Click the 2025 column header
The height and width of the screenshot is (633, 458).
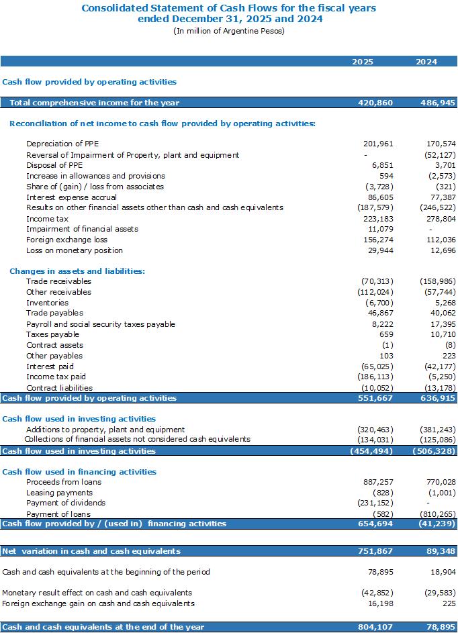362,62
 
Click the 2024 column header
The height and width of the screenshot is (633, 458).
426,62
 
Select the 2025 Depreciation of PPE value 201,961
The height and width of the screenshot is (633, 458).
378,144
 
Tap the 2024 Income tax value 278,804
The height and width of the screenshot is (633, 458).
441,219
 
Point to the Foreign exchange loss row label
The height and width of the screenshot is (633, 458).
66,240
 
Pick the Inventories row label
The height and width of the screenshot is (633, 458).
47,303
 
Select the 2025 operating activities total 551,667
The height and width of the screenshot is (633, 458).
375,398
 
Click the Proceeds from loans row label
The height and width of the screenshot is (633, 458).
64,482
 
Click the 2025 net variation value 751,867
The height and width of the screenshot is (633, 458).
375,551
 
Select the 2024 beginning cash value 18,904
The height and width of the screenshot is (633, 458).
443,572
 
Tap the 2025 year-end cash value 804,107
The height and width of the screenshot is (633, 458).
375,627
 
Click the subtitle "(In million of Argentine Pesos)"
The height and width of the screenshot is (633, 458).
229,31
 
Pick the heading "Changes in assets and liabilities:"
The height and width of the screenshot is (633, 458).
77,271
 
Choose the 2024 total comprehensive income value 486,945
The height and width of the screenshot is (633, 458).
438,103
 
